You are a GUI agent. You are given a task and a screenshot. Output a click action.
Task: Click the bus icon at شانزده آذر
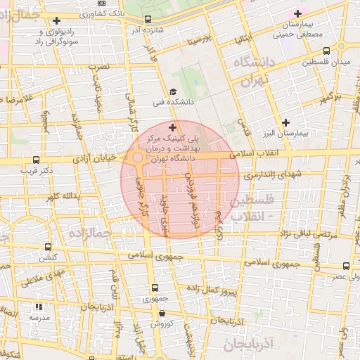148,20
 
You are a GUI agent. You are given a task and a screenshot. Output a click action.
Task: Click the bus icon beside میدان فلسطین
326,51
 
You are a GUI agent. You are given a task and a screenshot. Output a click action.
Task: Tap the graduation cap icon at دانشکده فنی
173,92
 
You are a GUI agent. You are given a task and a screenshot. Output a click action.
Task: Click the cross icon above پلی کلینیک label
173,127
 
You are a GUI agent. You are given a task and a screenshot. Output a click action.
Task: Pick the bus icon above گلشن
48,247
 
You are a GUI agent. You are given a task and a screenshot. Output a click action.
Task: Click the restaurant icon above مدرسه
39,307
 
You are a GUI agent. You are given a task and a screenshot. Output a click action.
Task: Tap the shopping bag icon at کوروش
162,314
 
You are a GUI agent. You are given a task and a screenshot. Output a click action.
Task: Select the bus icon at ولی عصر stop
346,266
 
